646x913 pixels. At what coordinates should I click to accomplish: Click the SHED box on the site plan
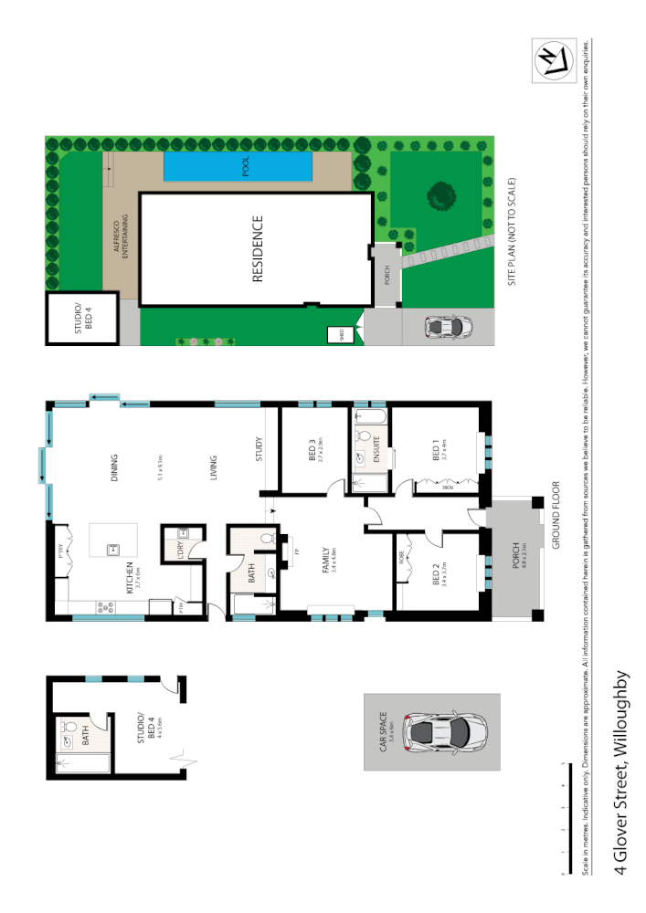(x=334, y=335)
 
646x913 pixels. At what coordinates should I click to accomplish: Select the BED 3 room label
(x=312, y=450)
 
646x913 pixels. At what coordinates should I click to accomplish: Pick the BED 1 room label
(x=434, y=450)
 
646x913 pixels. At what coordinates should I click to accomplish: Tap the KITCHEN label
(x=131, y=579)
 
